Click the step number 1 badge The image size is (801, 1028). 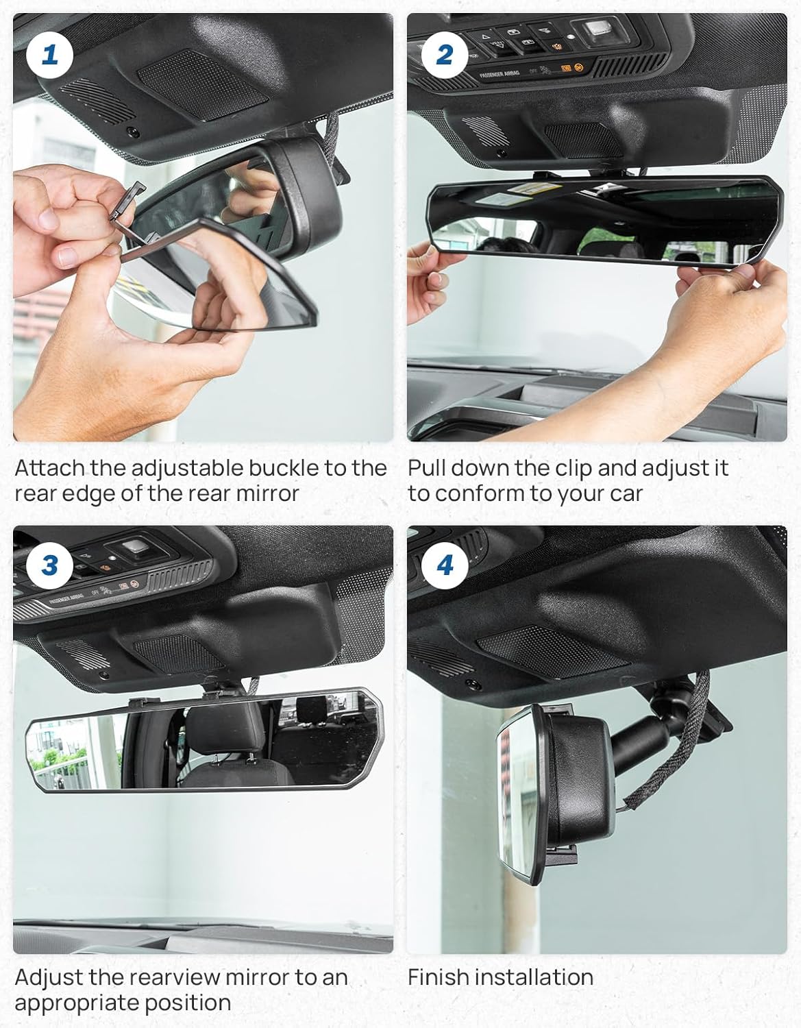[x=49, y=55]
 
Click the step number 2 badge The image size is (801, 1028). [x=445, y=55]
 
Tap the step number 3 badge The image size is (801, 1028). [x=49, y=566]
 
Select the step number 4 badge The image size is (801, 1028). [x=445, y=566]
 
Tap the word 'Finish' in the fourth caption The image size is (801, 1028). [x=435, y=977]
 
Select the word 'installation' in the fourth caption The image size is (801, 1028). [x=530, y=977]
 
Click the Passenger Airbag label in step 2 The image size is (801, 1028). [x=499, y=74]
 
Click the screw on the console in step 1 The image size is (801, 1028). [x=134, y=132]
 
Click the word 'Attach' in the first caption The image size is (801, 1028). [x=49, y=468]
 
